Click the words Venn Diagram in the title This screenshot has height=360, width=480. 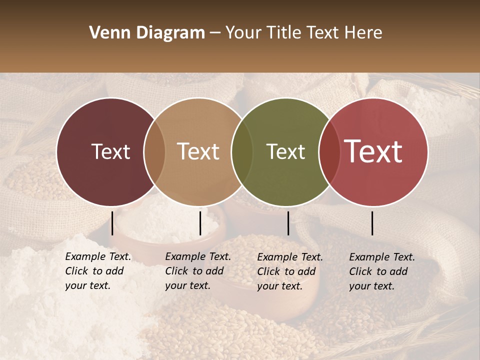(x=147, y=33)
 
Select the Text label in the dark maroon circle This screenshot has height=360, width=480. (x=110, y=152)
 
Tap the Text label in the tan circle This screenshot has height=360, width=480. (x=198, y=152)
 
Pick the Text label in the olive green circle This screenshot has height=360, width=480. (x=285, y=152)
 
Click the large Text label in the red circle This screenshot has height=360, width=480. (x=373, y=151)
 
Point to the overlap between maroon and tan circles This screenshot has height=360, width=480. (x=154, y=152)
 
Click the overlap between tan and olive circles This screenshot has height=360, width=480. (x=242, y=152)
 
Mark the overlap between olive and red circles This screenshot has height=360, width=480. (x=328, y=152)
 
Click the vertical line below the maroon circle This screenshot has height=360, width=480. (x=112, y=223)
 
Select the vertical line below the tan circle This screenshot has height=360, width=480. (x=200, y=223)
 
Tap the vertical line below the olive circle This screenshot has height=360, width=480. (x=288, y=223)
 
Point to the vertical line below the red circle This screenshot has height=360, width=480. (x=372, y=223)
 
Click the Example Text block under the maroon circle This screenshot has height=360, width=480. (x=98, y=271)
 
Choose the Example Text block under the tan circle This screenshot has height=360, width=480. (x=198, y=271)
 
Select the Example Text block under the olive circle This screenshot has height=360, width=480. (x=290, y=271)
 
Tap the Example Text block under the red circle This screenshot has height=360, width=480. (x=382, y=271)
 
